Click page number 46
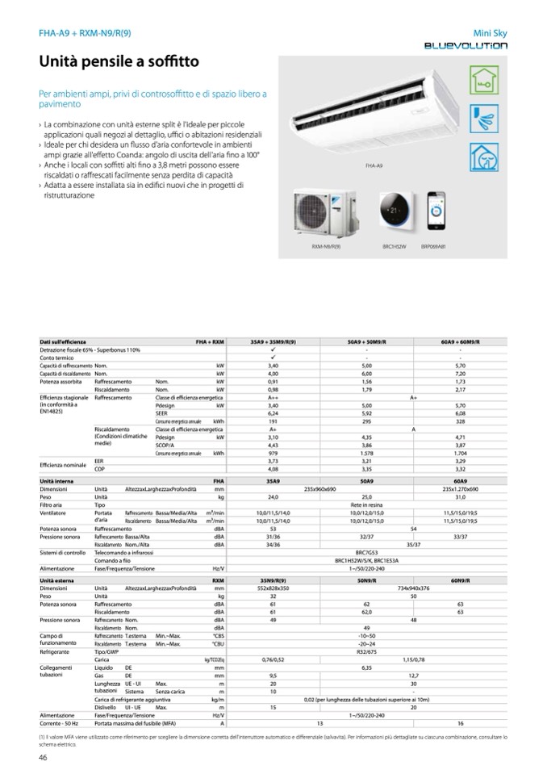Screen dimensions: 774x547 [x=43, y=756]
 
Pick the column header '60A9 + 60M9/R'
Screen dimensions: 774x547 [x=461, y=342]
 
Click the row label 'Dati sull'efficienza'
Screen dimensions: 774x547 [x=63, y=342]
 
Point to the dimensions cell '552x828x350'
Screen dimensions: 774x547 [x=273, y=587]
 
